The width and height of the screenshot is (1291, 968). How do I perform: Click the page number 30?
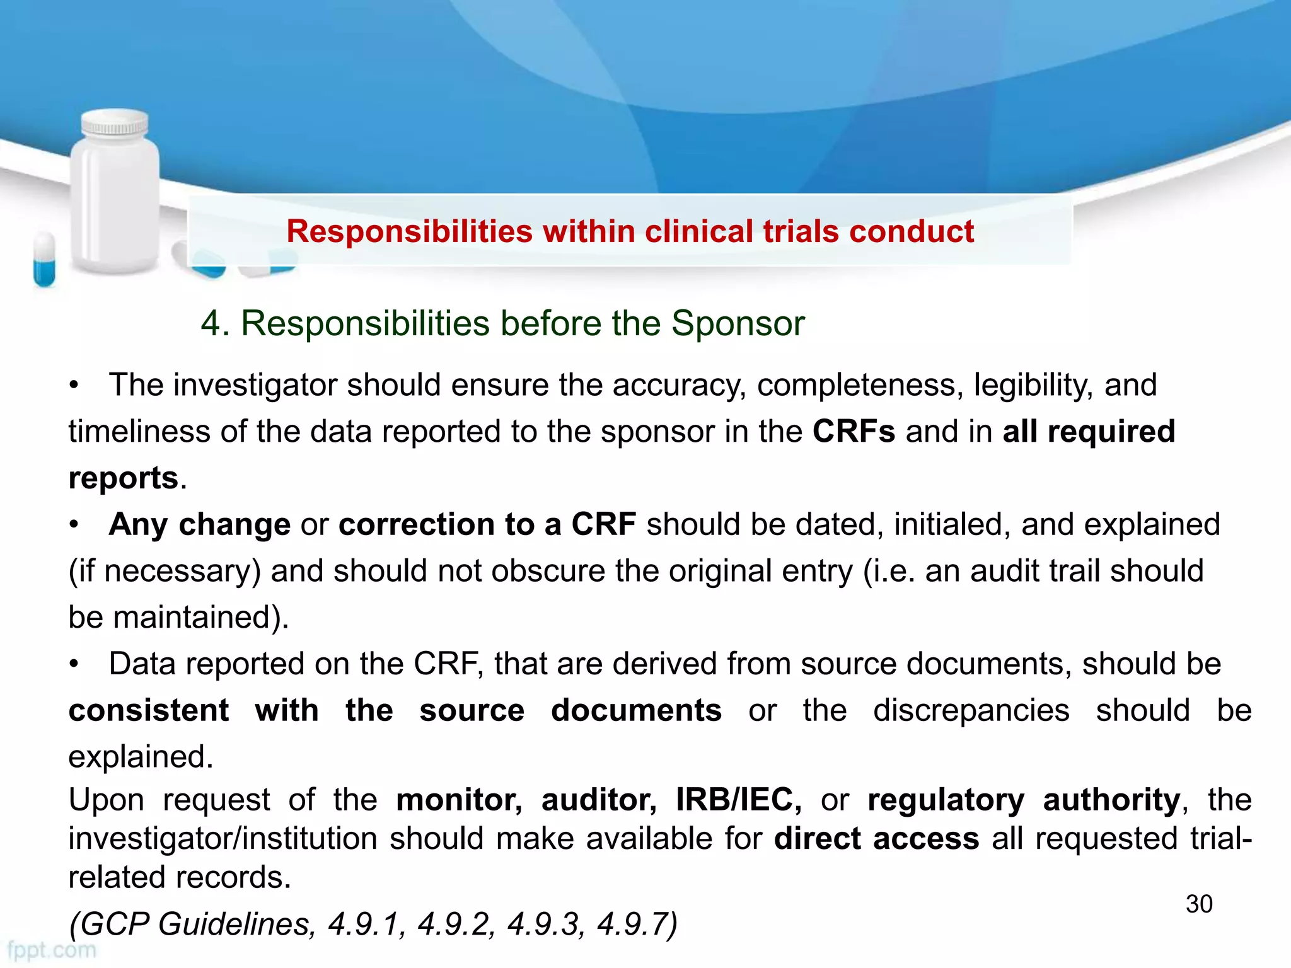[1198, 904]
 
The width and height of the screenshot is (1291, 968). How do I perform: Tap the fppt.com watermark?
[52, 950]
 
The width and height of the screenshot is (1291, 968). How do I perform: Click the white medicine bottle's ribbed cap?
[115, 124]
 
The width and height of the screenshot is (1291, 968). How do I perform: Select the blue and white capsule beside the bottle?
[44, 259]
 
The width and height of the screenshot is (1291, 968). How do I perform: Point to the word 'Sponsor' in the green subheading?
[738, 323]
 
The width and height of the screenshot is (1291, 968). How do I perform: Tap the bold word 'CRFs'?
[854, 432]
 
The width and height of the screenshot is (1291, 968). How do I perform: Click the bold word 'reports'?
[124, 478]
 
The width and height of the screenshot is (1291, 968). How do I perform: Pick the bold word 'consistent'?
[149, 710]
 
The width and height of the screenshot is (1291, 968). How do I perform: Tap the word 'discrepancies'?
[971, 710]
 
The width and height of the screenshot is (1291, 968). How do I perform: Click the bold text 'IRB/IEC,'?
[738, 800]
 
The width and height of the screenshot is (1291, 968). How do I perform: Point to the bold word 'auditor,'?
[599, 800]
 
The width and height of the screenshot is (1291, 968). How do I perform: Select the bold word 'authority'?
[1111, 800]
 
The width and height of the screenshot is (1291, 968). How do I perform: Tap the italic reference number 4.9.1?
[364, 924]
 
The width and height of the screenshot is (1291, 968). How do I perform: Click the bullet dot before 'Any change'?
[74, 524]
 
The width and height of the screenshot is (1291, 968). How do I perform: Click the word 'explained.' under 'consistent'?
[141, 756]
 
